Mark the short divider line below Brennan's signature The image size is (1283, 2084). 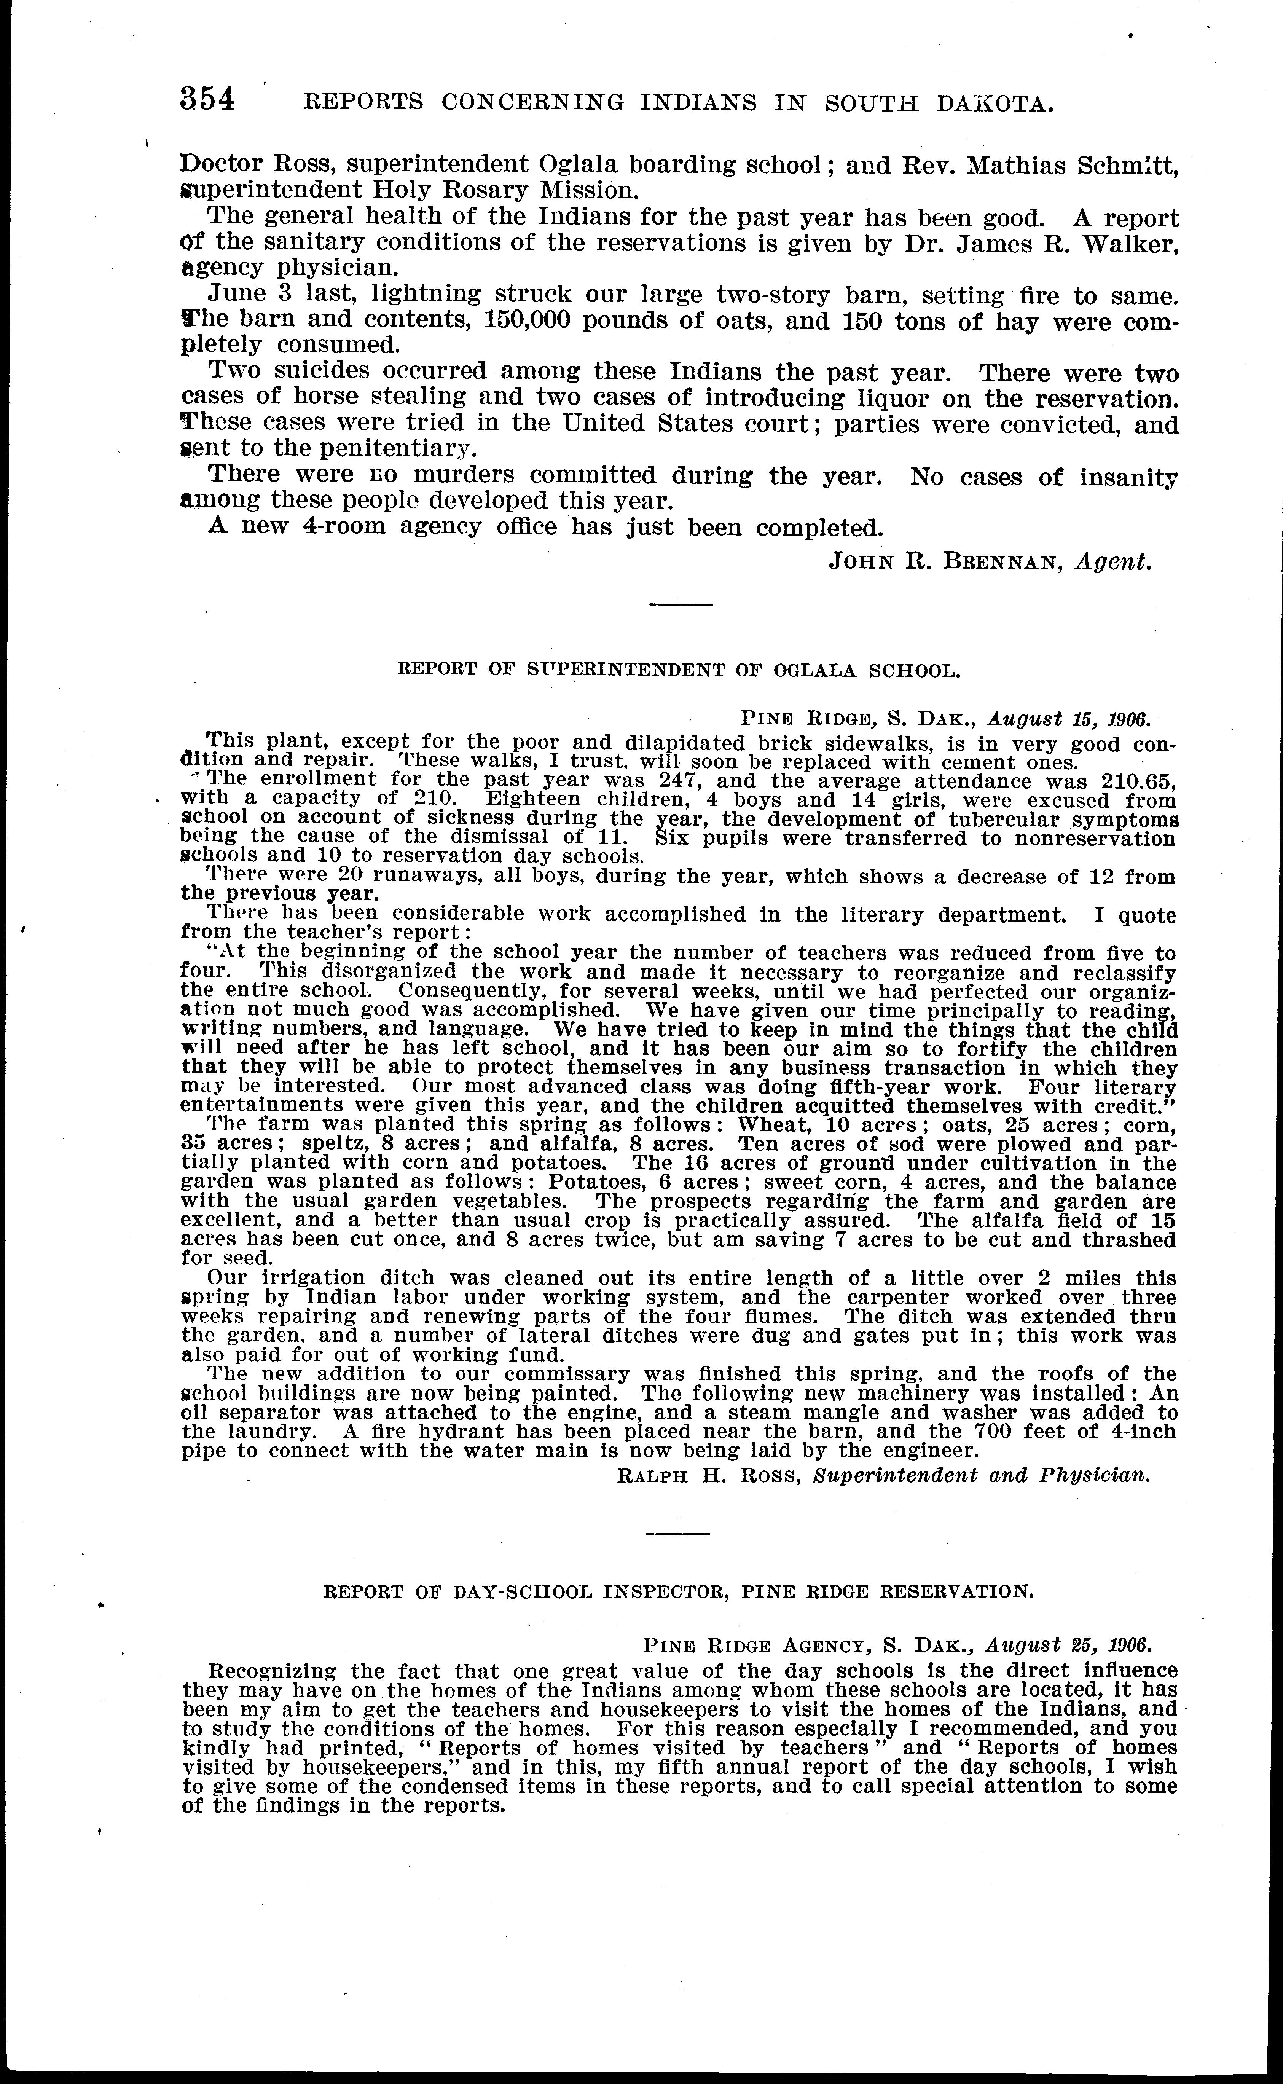[680, 604]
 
